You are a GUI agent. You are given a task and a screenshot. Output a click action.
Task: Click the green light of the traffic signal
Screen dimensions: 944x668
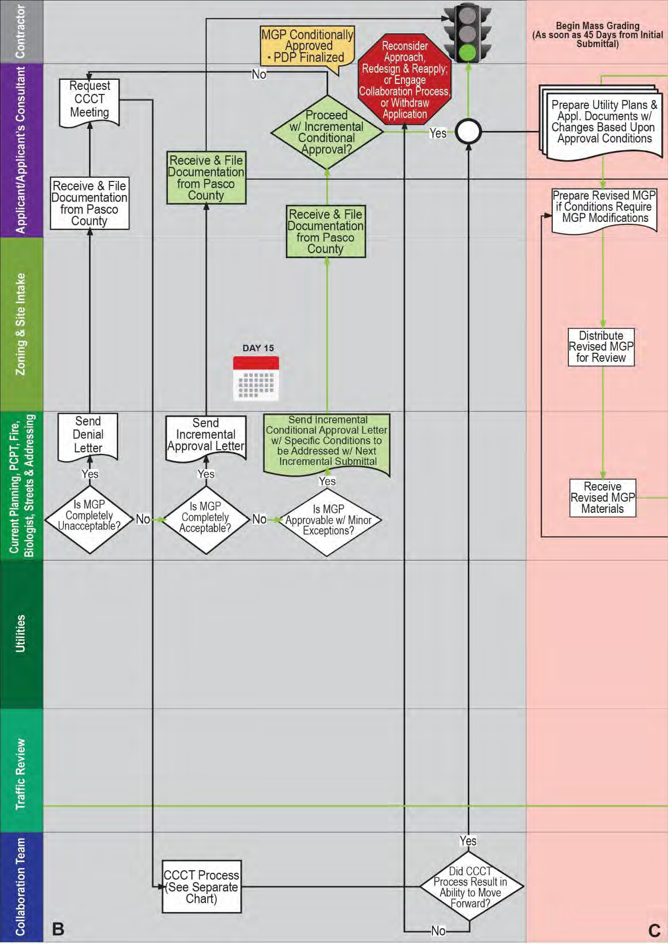(x=468, y=52)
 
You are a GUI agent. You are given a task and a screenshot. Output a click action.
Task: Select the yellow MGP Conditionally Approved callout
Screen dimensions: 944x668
(x=307, y=46)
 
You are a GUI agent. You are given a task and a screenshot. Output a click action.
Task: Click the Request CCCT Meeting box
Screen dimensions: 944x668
(x=89, y=100)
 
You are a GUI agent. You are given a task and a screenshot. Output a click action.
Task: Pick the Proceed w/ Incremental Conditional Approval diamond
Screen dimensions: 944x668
(x=327, y=132)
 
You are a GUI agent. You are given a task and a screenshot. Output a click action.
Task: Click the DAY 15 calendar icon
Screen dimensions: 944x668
(x=256, y=379)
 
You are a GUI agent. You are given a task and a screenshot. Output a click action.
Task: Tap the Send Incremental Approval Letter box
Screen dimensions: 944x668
(x=206, y=436)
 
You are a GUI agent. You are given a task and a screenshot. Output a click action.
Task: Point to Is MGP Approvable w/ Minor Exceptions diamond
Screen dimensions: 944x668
(x=328, y=521)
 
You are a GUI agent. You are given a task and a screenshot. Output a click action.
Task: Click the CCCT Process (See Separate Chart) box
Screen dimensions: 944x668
(x=201, y=886)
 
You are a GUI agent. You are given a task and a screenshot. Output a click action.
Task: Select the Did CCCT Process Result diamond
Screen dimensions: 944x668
(x=470, y=886)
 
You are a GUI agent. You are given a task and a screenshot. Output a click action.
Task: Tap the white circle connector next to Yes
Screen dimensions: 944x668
(x=468, y=132)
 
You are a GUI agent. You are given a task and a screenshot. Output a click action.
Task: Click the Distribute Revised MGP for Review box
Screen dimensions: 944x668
(x=601, y=347)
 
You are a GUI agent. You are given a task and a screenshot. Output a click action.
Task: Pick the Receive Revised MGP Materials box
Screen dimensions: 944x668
(x=602, y=498)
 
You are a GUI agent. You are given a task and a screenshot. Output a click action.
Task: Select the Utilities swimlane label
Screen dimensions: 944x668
(x=21, y=634)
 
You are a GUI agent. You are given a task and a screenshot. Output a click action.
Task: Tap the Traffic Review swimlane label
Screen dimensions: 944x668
(x=21, y=774)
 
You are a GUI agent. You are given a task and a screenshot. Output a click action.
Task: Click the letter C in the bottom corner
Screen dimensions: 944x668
(x=654, y=930)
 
